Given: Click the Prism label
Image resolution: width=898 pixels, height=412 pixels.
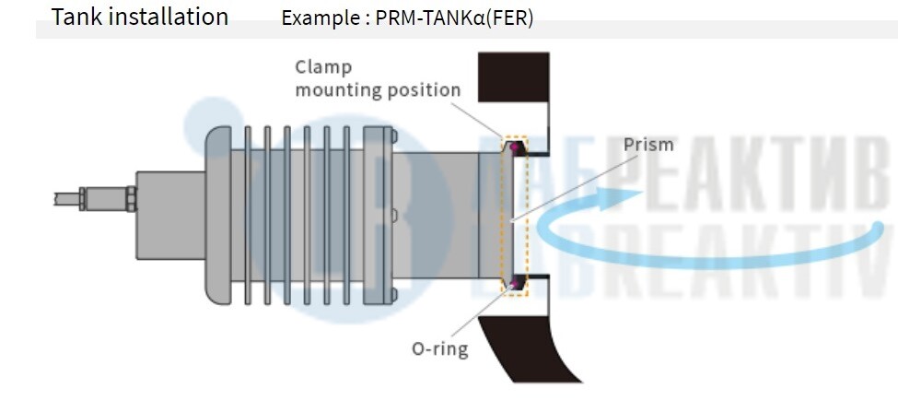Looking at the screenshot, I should pos(648,145).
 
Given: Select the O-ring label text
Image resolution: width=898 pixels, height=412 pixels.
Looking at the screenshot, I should pos(439,349).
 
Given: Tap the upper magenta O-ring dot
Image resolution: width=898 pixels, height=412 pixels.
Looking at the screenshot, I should pos(512,146).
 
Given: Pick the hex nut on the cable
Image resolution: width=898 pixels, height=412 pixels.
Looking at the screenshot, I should pos(130,197).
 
